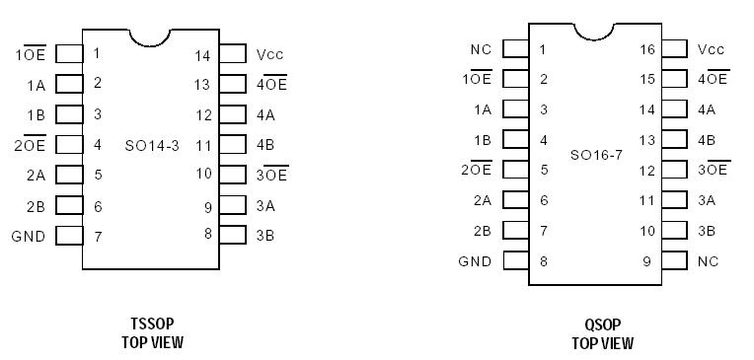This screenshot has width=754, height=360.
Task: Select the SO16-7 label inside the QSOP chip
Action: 596,155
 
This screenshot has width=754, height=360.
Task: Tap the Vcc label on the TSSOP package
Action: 269,54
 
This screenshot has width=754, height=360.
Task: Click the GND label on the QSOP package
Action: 475,261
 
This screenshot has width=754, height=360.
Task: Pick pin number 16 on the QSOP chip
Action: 647,49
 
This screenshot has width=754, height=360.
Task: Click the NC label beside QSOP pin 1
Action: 481,49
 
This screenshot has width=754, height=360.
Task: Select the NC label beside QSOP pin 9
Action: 708,261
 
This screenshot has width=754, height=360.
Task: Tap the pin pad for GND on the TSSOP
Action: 69,236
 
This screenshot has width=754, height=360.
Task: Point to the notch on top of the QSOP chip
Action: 595,29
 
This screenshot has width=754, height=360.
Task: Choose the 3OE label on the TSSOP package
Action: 271,175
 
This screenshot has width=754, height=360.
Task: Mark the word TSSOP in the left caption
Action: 151,324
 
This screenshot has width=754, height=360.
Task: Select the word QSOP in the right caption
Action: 601,324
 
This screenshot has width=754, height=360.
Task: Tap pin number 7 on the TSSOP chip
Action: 98,237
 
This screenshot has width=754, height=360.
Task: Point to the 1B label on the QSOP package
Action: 482,140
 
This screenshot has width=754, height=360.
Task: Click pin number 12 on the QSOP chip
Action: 647,171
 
